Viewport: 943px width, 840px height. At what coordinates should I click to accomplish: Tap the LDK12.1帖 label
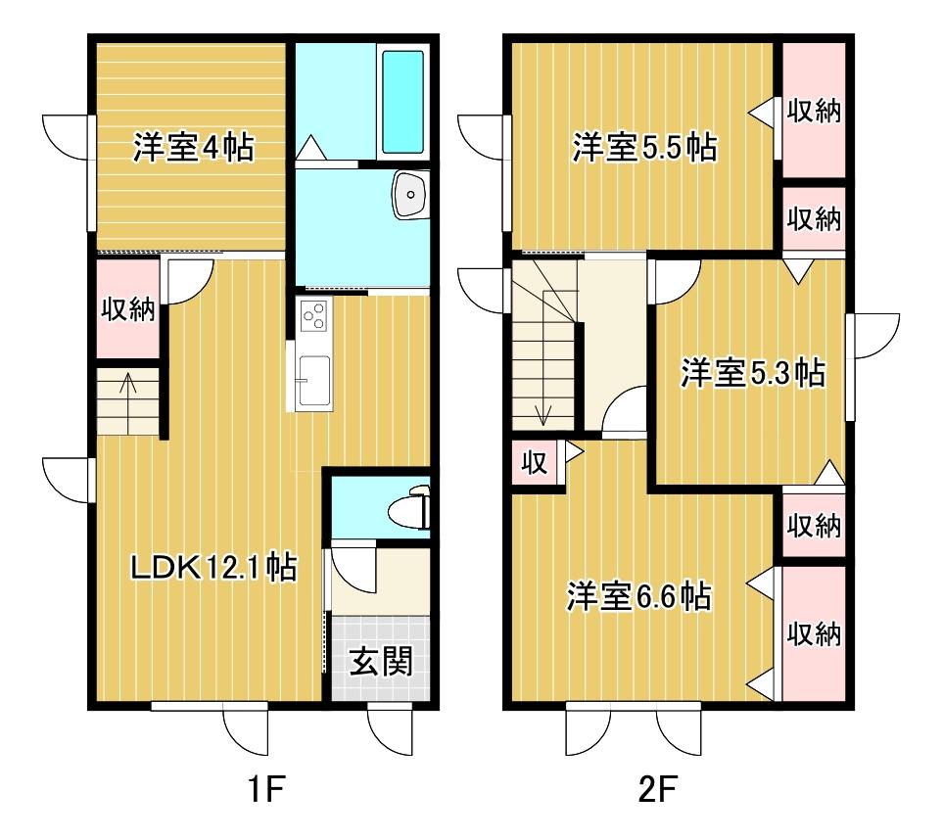(x=213, y=567)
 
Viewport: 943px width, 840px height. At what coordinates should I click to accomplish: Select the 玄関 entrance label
(x=380, y=663)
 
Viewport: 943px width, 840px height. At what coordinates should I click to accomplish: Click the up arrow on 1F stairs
(x=128, y=384)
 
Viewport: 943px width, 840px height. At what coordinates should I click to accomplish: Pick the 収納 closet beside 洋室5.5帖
(x=814, y=110)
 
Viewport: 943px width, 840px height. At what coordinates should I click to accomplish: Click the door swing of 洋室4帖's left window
(x=67, y=137)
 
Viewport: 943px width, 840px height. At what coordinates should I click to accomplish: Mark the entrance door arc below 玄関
(x=390, y=731)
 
